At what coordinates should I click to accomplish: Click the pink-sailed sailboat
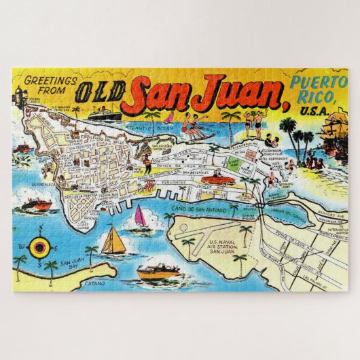140,217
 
